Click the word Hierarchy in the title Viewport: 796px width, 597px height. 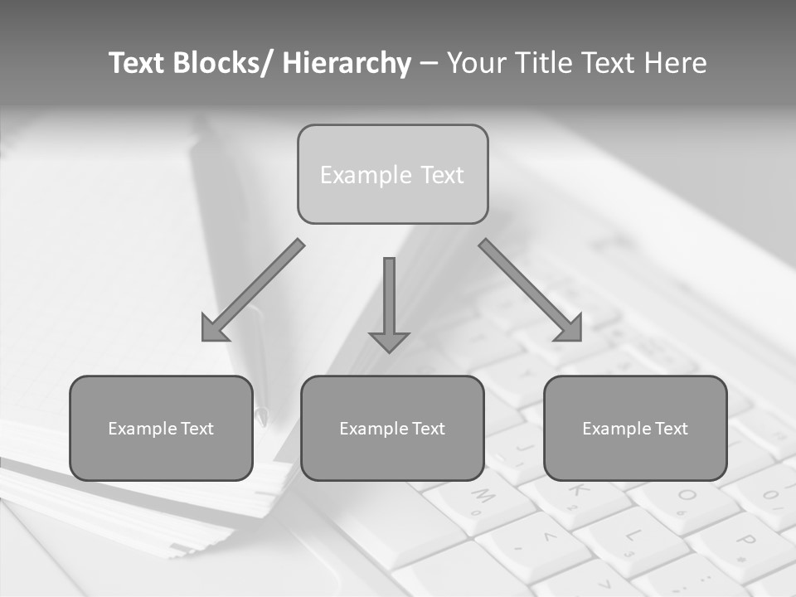347,63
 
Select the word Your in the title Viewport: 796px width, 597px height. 478,63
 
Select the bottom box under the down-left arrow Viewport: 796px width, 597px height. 161,428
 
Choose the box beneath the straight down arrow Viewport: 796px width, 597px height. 392,428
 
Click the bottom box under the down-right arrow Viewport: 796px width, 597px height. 635,428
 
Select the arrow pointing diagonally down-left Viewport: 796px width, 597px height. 252,291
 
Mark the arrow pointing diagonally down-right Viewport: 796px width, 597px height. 531,291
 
